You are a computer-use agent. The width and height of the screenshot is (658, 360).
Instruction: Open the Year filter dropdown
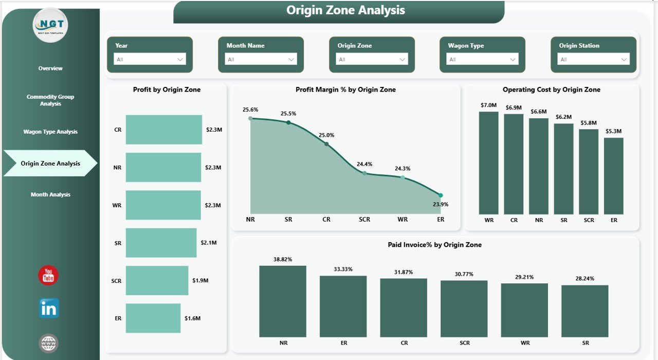pyautogui.click(x=150, y=59)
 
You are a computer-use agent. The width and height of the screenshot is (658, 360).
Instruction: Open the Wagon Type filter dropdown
pyautogui.click(x=482, y=59)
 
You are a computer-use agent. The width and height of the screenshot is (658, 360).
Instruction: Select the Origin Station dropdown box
pyautogui.click(x=594, y=59)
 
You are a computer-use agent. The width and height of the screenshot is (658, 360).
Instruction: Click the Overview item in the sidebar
pyautogui.click(x=50, y=68)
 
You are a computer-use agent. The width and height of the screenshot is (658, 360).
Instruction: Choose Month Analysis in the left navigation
pyautogui.click(x=50, y=194)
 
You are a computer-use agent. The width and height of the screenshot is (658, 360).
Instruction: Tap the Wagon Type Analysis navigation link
pyautogui.click(x=50, y=132)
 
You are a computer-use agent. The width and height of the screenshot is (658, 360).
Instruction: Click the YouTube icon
pyautogui.click(x=48, y=276)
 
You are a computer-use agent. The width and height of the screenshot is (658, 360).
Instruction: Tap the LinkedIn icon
pyautogui.click(x=49, y=309)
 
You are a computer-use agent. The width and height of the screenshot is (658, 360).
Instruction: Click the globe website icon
pyautogui.click(x=49, y=343)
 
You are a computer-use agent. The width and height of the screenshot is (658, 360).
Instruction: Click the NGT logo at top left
pyautogui.click(x=50, y=25)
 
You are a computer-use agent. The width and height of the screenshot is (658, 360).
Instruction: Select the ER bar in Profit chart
pyautogui.click(x=153, y=318)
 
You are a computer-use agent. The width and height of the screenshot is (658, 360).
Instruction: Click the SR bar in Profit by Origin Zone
pyautogui.click(x=161, y=243)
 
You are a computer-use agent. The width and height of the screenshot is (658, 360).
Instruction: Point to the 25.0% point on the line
pyautogui.click(x=326, y=144)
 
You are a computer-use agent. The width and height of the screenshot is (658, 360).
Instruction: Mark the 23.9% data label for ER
pyautogui.click(x=441, y=204)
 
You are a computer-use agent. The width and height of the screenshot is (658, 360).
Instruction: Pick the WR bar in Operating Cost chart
pyautogui.click(x=488, y=163)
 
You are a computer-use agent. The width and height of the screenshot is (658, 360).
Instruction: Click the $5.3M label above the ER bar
pyautogui.click(x=614, y=131)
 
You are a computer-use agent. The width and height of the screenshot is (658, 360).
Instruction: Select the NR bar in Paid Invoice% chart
pyautogui.click(x=283, y=301)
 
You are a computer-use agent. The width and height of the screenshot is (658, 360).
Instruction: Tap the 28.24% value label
pyautogui.click(x=585, y=279)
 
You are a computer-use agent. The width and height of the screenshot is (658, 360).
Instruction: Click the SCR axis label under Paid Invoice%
pyautogui.click(x=464, y=343)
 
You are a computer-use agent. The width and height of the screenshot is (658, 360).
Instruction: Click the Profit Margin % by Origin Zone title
pyautogui.click(x=345, y=89)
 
